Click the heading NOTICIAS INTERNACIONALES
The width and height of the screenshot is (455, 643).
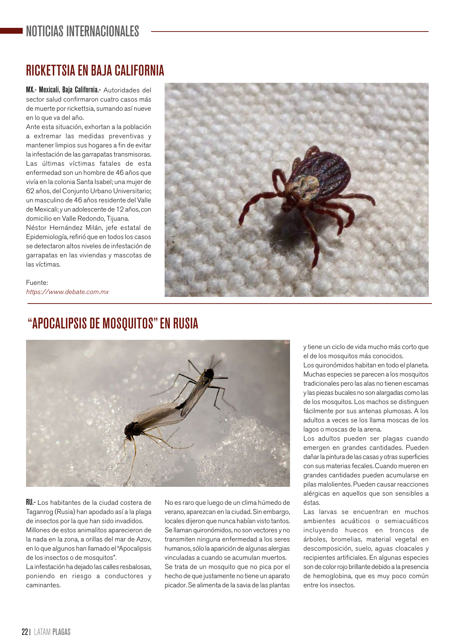click(82, 32)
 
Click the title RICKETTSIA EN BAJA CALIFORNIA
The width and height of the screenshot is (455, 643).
click(95, 70)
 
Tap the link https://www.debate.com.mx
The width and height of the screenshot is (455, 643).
click(67, 292)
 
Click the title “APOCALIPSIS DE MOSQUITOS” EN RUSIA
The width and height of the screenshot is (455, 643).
click(113, 324)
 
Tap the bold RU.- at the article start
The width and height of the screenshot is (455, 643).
click(30, 503)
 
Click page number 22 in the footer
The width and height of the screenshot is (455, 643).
click(25, 632)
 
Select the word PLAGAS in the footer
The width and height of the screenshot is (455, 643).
click(61, 632)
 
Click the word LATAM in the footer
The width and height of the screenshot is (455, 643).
click(42, 632)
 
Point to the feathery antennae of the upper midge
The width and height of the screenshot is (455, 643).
click(214, 363)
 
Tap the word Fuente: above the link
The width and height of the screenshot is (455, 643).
click(37, 283)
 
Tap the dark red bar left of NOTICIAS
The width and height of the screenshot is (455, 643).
click(11, 31)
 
